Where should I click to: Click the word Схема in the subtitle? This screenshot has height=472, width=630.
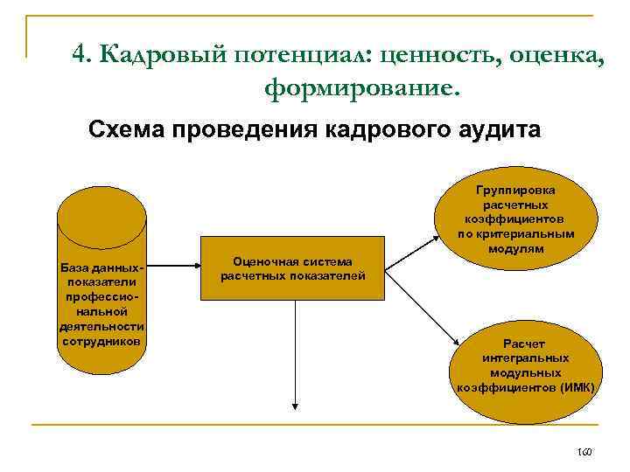(x=126, y=131)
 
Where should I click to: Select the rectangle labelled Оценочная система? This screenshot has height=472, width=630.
(x=293, y=268)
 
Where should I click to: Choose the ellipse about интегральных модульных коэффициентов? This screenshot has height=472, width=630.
(x=524, y=363)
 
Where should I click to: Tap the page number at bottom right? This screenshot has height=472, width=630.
(x=584, y=452)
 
